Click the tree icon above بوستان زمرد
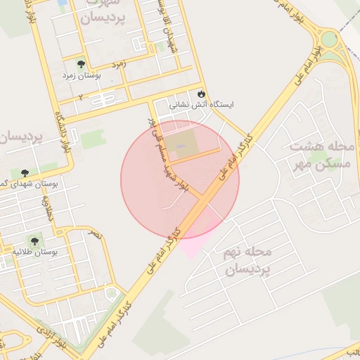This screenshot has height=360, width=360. [80, 63]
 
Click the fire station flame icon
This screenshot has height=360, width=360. [202, 93]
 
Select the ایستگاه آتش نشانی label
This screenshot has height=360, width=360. [201, 104]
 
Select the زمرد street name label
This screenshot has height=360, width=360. [117, 63]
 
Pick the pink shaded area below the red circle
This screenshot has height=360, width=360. [195, 243]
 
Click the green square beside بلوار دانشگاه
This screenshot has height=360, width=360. [91, 139]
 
